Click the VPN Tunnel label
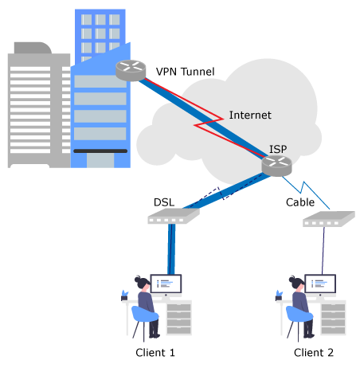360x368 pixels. point(185,72)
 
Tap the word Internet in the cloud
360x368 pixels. point(250,115)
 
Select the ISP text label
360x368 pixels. point(278,149)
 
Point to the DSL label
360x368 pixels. point(164,202)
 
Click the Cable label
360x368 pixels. point(300,202)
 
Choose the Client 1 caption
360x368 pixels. point(155,353)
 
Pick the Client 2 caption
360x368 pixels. point(314,353)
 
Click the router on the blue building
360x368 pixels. point(131,70)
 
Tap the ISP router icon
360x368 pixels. point(276,166)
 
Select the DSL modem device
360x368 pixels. point(174,216)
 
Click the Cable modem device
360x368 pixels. point(329,219)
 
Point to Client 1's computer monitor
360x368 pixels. point(166,284)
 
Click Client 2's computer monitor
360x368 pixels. point(320,284)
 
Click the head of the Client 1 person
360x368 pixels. point(143,283)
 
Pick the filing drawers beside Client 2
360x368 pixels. point(333,318)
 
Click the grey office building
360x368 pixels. point(39,106)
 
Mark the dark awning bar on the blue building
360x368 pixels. point(100,151)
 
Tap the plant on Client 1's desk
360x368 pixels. point(124,296)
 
